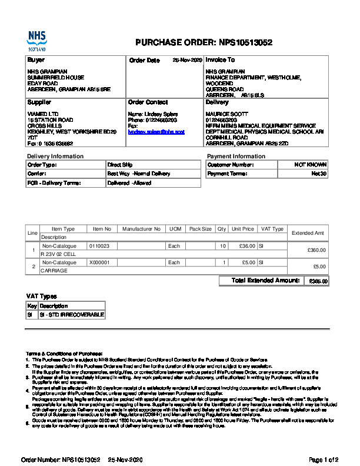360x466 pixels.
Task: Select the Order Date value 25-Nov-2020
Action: click(187, 61)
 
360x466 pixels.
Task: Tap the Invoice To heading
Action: click(220, 60)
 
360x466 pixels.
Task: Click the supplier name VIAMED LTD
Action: click(44, 114)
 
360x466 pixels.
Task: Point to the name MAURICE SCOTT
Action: click(224, 114)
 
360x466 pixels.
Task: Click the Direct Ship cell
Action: click(121, 165)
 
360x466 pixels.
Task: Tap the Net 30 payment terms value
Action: click(319, 174)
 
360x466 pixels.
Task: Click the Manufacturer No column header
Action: click(141, 229)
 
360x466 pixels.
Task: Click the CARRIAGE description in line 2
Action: click(54, 271)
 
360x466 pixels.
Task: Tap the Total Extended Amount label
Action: click(265, 281)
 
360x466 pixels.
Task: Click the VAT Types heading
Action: click(41, 296)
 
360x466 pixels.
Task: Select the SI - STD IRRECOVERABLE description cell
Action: click(71, 315)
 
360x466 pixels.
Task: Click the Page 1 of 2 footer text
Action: click(324, 460)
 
